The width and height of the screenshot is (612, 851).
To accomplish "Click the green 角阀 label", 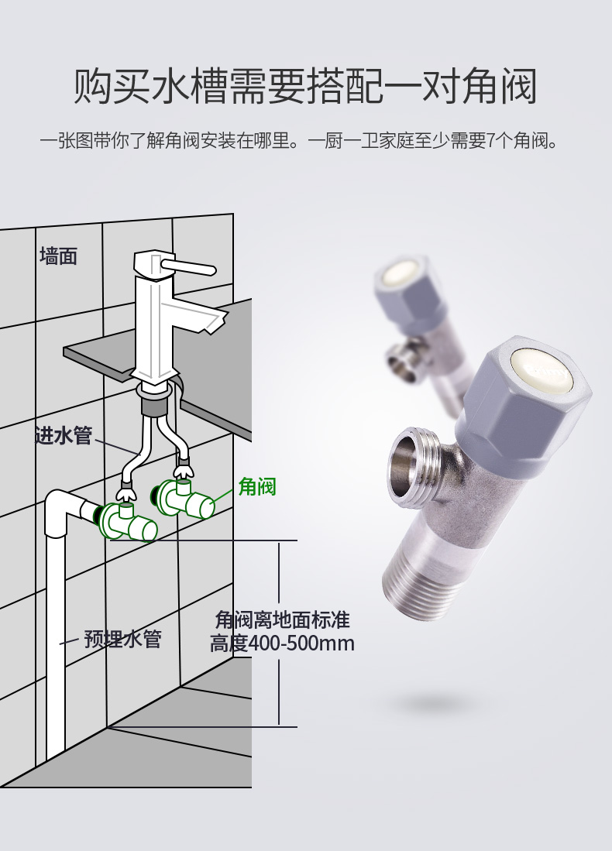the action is coord(257,486).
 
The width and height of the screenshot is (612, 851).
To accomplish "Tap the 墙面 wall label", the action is coord(59,256).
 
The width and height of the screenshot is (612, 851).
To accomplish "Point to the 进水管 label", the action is coord(64,437).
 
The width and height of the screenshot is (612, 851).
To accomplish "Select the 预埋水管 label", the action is coord(122,640).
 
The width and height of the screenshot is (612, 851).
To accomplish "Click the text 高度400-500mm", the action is coord(282,643).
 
